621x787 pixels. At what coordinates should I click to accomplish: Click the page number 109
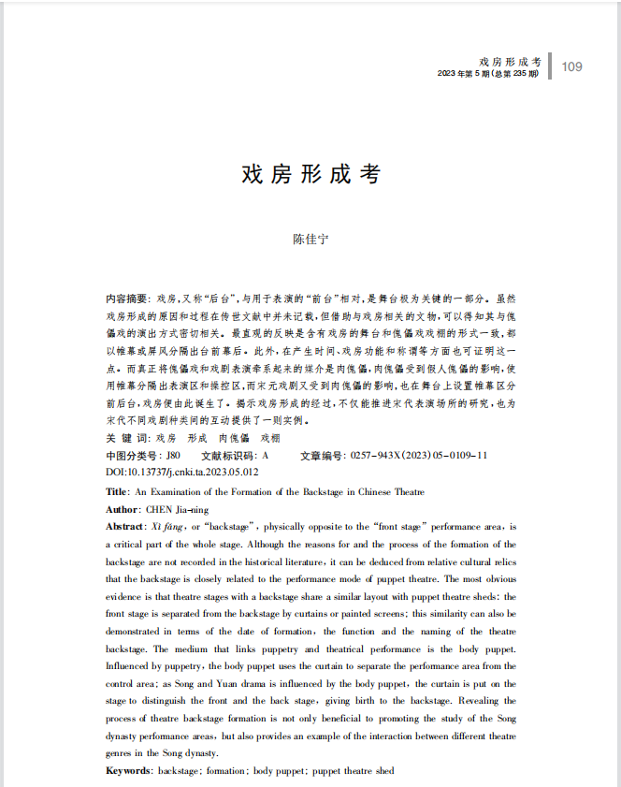tap(571, 66)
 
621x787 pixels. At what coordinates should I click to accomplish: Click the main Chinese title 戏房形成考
tap(310, 175)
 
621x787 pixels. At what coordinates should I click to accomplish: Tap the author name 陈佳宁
tap(310, 239)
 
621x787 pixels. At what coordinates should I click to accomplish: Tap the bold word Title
tap(117, 491)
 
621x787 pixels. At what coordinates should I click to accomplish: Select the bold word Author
tap(123, 509)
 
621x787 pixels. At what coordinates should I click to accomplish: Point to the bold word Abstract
tap(126, 527)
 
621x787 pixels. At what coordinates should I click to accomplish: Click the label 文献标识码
tap(229, 456)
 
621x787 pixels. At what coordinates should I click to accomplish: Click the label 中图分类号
tap(134, 456)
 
